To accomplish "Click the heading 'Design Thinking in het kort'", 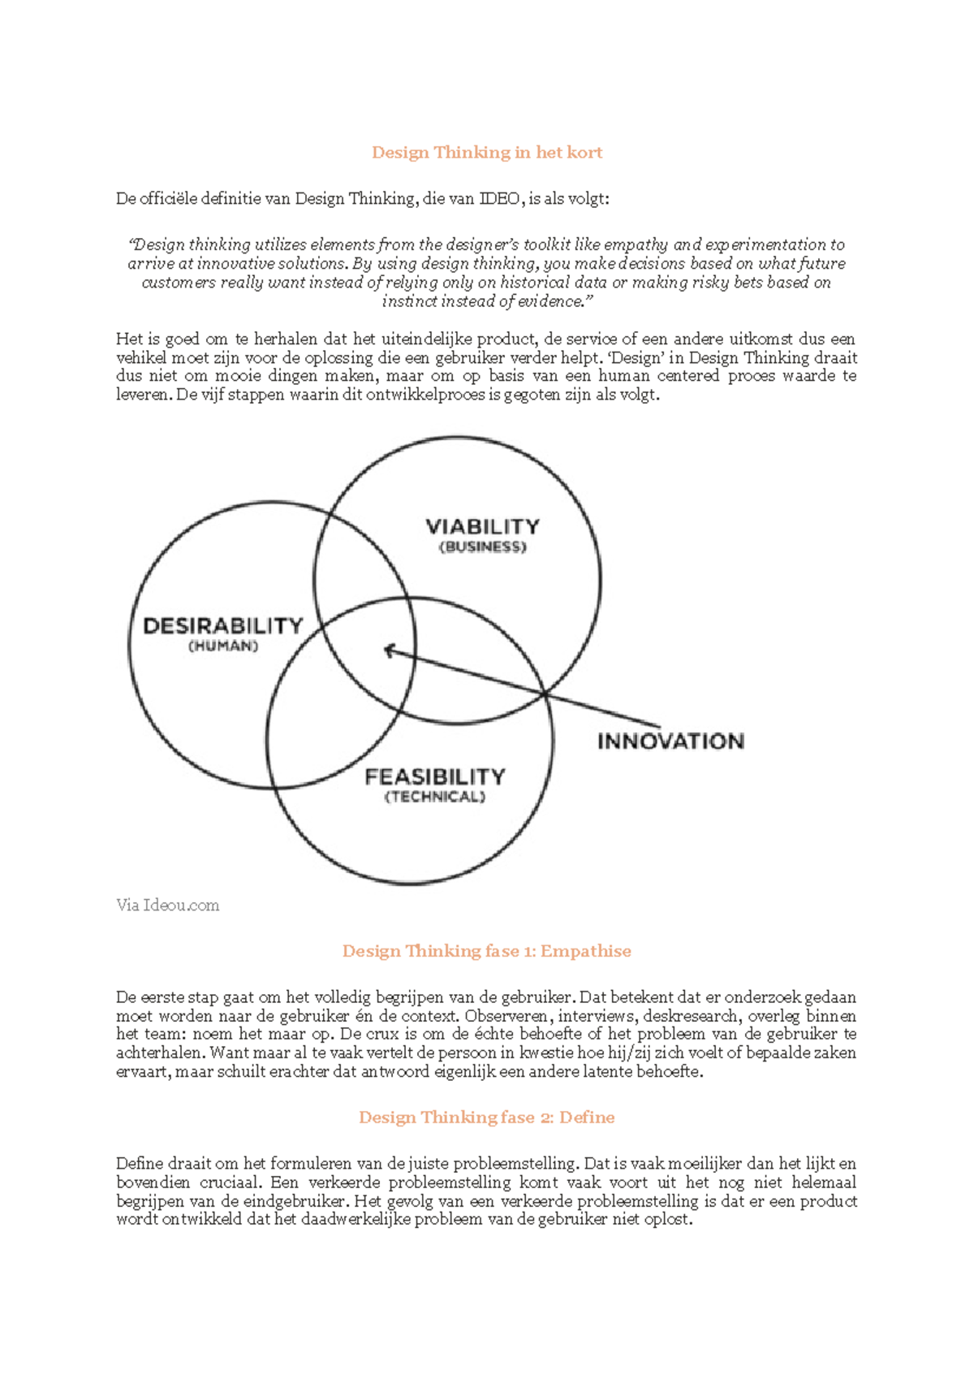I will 487,153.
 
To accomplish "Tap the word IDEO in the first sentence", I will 500,199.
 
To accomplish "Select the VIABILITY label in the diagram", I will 483,526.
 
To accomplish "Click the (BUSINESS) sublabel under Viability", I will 483,547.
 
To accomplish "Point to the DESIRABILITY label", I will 223,626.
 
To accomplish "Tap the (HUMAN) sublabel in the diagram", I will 223,646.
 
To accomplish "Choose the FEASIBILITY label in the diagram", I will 435,777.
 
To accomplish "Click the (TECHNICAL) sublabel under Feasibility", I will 435,797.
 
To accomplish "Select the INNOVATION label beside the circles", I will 670,741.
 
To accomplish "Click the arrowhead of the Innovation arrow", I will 389,650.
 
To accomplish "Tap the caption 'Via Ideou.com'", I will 167,906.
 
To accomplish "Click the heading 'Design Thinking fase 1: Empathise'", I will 487,951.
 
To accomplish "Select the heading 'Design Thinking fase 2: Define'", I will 487,1117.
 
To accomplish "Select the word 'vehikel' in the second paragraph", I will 140,358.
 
